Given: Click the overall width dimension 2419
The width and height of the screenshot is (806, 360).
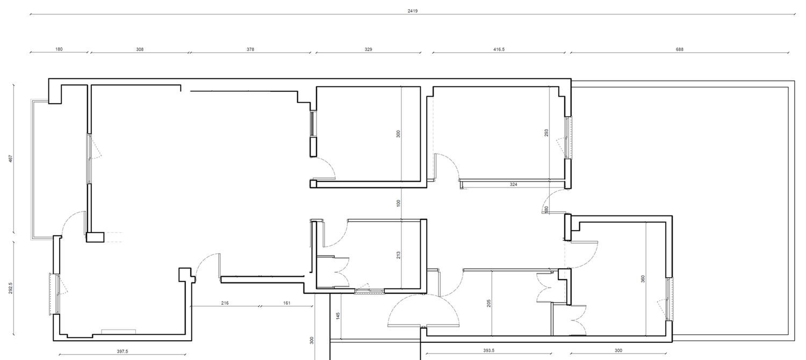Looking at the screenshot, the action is pos(412,11).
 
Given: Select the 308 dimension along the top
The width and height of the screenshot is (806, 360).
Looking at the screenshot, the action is pos(140,49).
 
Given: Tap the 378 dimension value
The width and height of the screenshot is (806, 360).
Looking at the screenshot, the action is pos(250,49).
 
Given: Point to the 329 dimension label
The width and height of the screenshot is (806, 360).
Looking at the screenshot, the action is pos(368,49).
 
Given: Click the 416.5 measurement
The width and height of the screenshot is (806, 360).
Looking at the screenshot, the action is pos(499,49).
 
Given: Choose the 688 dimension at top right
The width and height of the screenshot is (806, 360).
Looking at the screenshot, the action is pos(679,49).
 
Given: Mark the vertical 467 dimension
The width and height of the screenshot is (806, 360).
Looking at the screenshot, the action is pos(10,159).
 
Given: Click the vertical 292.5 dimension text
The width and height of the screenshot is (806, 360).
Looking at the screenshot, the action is pos(10,288).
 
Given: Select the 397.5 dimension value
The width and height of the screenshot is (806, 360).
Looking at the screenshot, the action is pos(123,351).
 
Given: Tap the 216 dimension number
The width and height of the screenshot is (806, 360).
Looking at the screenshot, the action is pos(225,303).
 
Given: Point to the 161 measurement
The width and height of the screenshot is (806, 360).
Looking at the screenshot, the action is pos(286,303).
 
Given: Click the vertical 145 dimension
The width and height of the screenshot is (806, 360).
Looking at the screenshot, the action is pos(338,316).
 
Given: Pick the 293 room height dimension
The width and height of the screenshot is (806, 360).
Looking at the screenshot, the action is pos(546,133).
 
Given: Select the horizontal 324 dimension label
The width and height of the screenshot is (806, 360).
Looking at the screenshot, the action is pos(514,184).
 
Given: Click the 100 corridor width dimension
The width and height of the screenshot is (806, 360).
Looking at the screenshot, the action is pos(398,203).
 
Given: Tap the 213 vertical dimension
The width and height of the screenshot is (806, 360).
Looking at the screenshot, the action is pos(398,255).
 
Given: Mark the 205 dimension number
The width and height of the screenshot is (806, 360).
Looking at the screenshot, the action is pos(488,303).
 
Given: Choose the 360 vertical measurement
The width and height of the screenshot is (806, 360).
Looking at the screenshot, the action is pos(643,279).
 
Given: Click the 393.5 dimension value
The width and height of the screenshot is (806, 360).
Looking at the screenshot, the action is pos(488,350).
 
